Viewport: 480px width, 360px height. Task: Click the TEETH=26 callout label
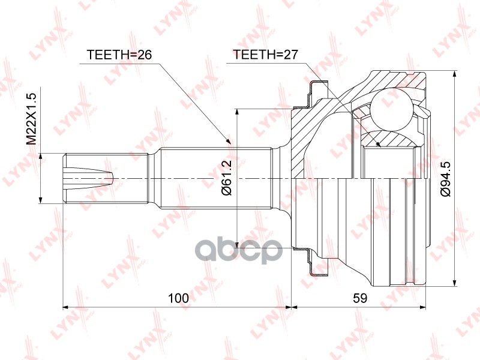tap(119, 55)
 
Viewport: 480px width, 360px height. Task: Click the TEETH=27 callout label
tap(265, 55)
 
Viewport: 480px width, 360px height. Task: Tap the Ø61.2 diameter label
tap(227, 178)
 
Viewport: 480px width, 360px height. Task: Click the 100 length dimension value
tap(179, 298)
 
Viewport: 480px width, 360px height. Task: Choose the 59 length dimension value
tap(359, 298)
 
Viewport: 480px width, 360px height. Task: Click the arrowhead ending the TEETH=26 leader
tap(227, 140)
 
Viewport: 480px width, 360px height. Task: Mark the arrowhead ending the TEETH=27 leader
tap(378, 143)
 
